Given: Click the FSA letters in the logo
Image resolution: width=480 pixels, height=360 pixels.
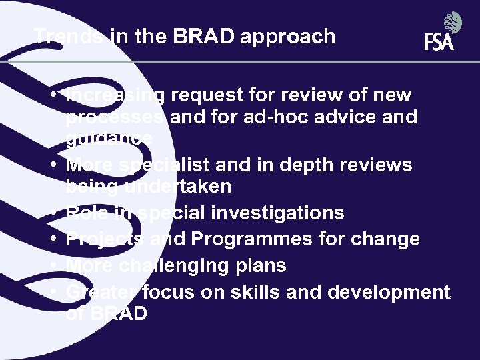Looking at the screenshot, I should [x=439, y=43].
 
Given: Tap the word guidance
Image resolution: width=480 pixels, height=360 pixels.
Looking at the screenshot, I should [x=109, y=138].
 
